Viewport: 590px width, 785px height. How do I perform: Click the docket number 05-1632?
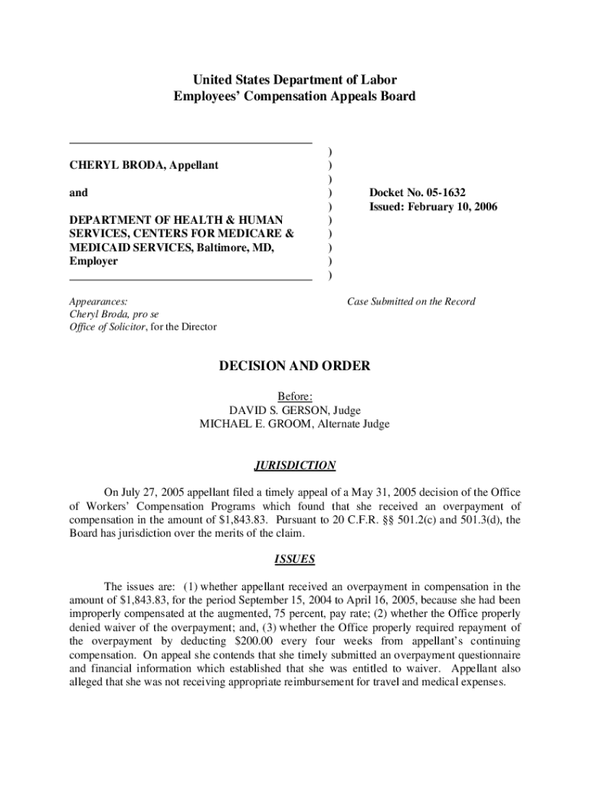click(x=458, y=193)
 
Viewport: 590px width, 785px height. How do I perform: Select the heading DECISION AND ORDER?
click(x=295, y=366)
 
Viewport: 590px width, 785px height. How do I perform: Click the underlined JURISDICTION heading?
click(x=294, y=465)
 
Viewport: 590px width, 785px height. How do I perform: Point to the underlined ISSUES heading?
click(x=294, y=560)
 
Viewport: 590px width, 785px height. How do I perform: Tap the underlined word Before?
click(x=294, y=396)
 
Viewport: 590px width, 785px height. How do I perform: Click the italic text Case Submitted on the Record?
click(x=411, y=301)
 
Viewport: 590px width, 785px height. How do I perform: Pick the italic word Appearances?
click(x=98, y=302)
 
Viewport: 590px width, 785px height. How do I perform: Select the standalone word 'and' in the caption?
click(x=78, y=193)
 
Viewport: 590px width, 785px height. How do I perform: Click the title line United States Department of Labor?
click(x=295, y=80)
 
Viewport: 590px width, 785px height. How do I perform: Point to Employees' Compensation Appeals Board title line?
click(x=295, y=97)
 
